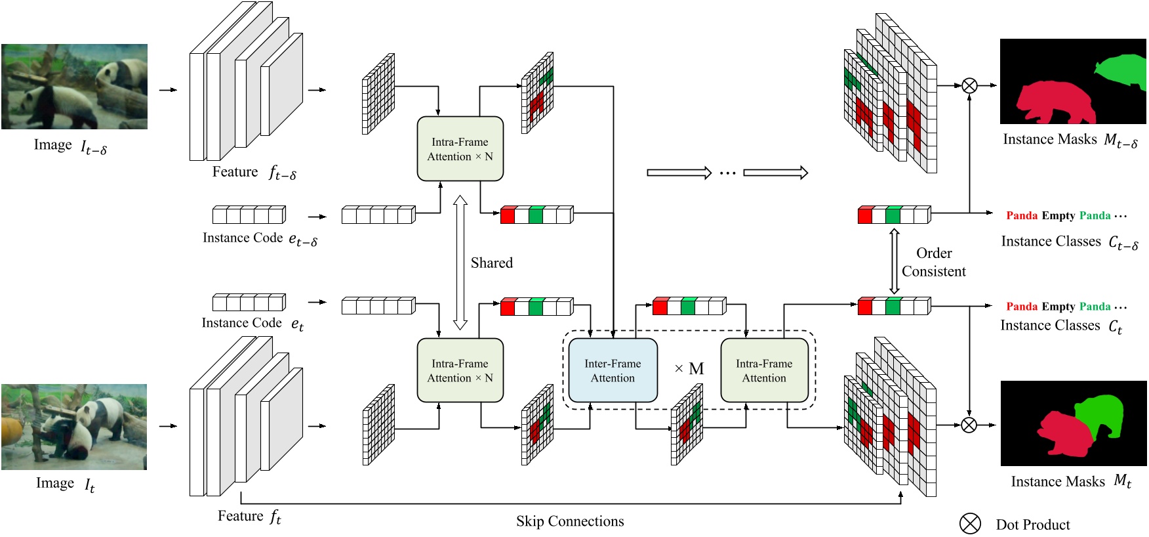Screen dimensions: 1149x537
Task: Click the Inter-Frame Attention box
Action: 613,370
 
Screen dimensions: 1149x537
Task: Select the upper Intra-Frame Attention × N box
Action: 460,149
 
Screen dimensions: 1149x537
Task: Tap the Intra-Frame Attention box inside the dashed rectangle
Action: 764,370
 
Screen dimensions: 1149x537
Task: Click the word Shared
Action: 491,263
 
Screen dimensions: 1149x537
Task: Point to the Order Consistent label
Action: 933,262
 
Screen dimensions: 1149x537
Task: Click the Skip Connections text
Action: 569,521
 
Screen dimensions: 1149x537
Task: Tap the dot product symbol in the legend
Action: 970,523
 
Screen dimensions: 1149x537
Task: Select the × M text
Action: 689,369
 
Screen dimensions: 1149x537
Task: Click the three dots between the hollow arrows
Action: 727,173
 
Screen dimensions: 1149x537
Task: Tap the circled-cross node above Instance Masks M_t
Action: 969,425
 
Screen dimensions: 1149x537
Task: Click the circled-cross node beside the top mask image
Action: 969,85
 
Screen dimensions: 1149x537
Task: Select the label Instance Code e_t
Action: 252,324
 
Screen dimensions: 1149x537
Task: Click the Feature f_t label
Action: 249,517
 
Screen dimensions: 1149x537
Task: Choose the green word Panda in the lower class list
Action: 1095,307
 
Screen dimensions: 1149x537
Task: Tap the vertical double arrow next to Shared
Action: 460,262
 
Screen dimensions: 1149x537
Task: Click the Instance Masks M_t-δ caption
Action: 1070,140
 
